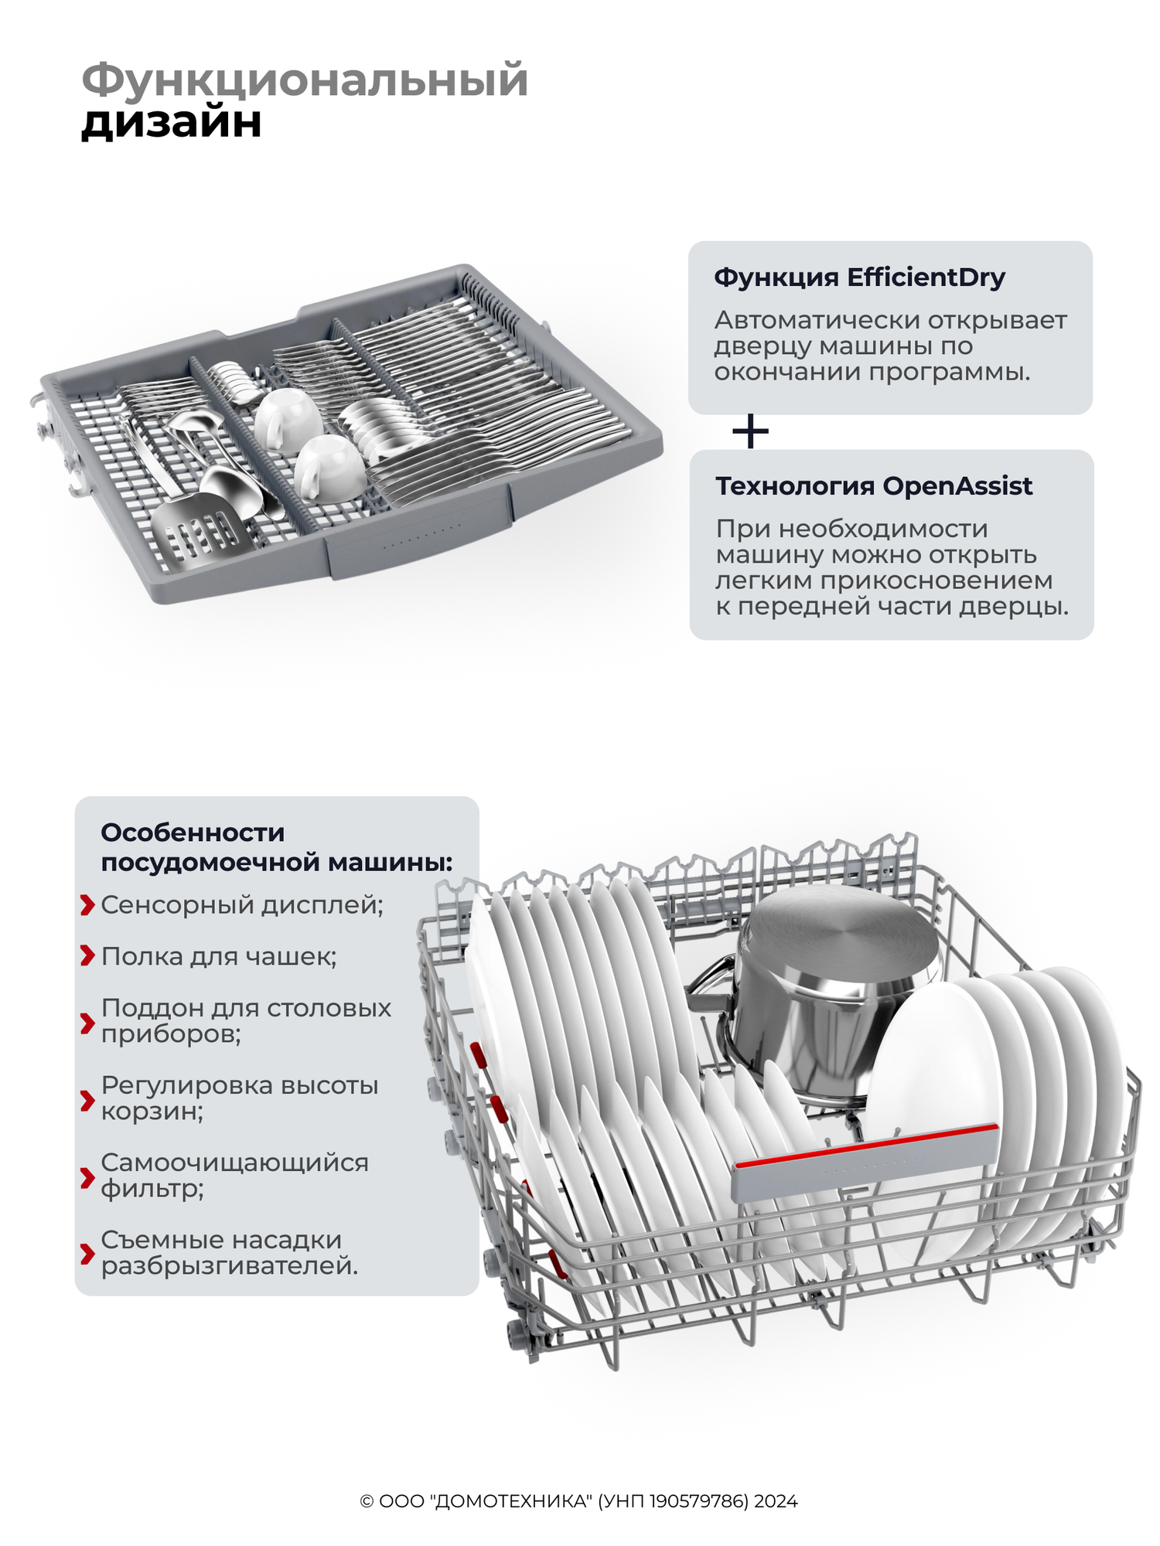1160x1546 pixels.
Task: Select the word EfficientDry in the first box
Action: [926, 278]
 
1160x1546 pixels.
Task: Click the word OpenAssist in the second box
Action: [957, 486]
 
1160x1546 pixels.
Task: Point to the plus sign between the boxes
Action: [750, 431]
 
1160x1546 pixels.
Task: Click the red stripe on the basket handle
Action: [866, 1146]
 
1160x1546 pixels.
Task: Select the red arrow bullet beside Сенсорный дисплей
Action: [87, 905]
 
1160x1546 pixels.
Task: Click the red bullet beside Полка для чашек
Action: [87, 956]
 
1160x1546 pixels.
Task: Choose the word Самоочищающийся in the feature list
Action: [234, 1163]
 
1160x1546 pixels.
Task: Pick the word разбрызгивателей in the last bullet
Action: [229, 1266]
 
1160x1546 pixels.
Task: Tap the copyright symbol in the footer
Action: [367, 1501]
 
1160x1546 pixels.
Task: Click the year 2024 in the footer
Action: [776, 1501]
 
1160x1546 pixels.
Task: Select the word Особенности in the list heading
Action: [193, 833]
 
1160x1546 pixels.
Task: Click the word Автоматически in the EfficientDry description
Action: [817, 320]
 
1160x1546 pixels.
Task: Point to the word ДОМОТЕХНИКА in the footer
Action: [513, 1501]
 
